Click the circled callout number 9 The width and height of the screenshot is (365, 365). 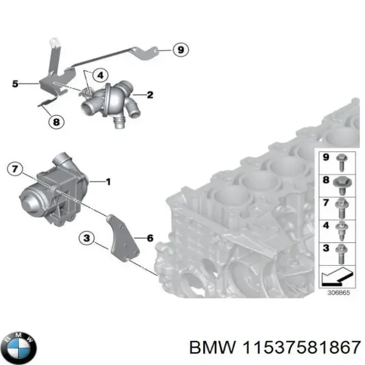click(179, 49)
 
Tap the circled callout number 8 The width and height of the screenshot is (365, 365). click(55, 122)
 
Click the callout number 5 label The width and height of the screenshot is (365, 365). click(16, 85)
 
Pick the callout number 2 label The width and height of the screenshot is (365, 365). click(150, 95)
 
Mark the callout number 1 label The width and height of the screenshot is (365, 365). click(108, 181)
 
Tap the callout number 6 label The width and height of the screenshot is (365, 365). click(150, 238)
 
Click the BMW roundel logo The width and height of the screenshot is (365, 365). click(19, 347)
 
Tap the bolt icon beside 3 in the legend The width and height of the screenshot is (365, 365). click(342, 251)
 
